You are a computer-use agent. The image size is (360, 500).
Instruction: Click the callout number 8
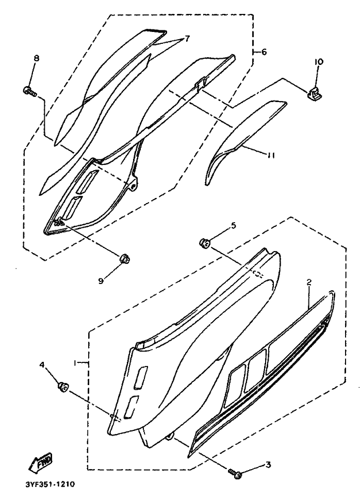(36, 58)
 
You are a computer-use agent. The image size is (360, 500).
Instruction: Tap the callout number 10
(319, 62)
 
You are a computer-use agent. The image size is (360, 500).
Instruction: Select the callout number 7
(187, 38)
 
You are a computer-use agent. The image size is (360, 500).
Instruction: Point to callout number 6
(264, 52)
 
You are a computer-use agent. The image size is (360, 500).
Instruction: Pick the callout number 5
(233, 225)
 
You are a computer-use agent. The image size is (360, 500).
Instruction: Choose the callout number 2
(308, 282)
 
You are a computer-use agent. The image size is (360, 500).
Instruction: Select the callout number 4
(42, 365)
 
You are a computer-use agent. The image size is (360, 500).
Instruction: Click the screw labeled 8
(29, 92)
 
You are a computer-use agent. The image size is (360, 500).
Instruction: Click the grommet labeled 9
(124, 258)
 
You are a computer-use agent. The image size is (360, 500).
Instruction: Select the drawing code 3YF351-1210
(50, 485)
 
